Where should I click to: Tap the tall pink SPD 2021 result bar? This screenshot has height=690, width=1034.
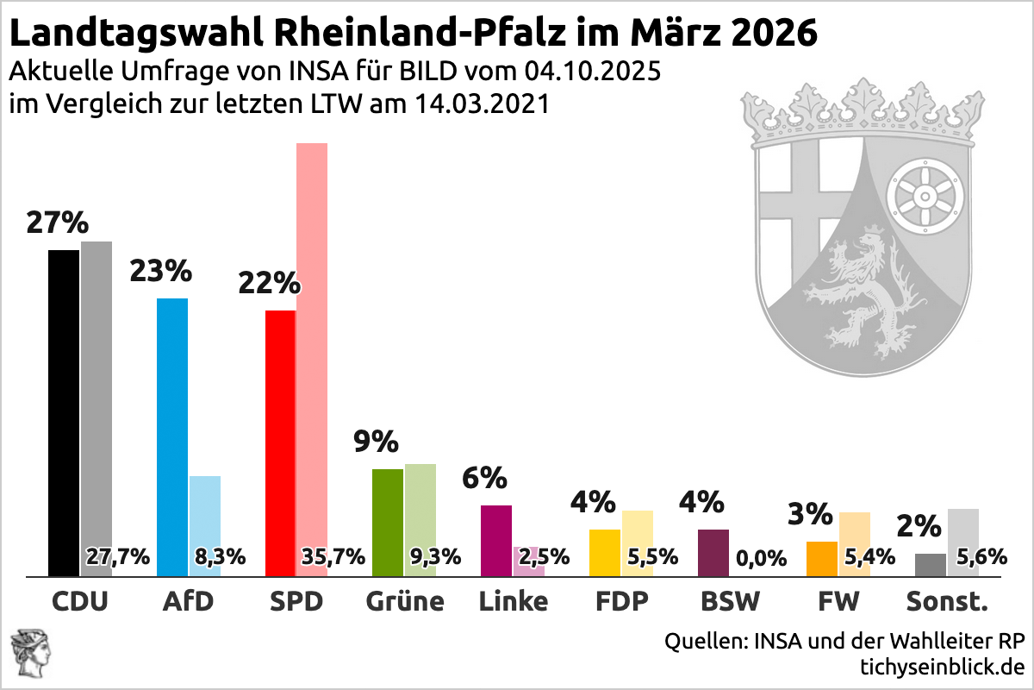312,345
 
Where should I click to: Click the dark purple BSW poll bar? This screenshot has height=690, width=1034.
713,552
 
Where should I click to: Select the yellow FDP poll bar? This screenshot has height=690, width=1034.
604,552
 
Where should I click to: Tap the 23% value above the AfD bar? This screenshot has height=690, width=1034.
160,272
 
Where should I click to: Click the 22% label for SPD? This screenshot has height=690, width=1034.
269,284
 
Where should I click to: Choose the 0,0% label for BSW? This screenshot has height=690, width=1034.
762,558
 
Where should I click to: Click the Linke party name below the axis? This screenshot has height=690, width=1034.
513,601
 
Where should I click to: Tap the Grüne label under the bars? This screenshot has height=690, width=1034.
404,601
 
